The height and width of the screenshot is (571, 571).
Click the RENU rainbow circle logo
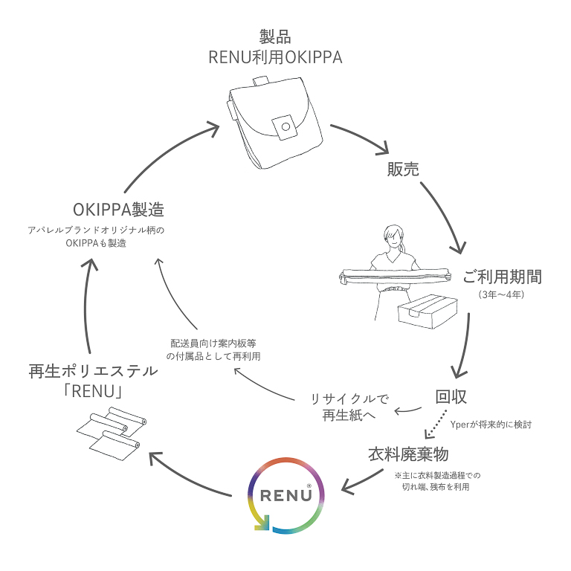[x=285, y=495]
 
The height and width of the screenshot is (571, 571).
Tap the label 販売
[x=403, y=170]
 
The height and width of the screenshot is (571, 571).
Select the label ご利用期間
[x=502, y=277]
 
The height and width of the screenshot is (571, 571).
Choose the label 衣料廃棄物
[x=408, y=454]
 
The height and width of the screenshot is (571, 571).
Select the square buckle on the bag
[x=283, y=126]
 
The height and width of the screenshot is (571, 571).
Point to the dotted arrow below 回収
[x=435, y=425]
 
